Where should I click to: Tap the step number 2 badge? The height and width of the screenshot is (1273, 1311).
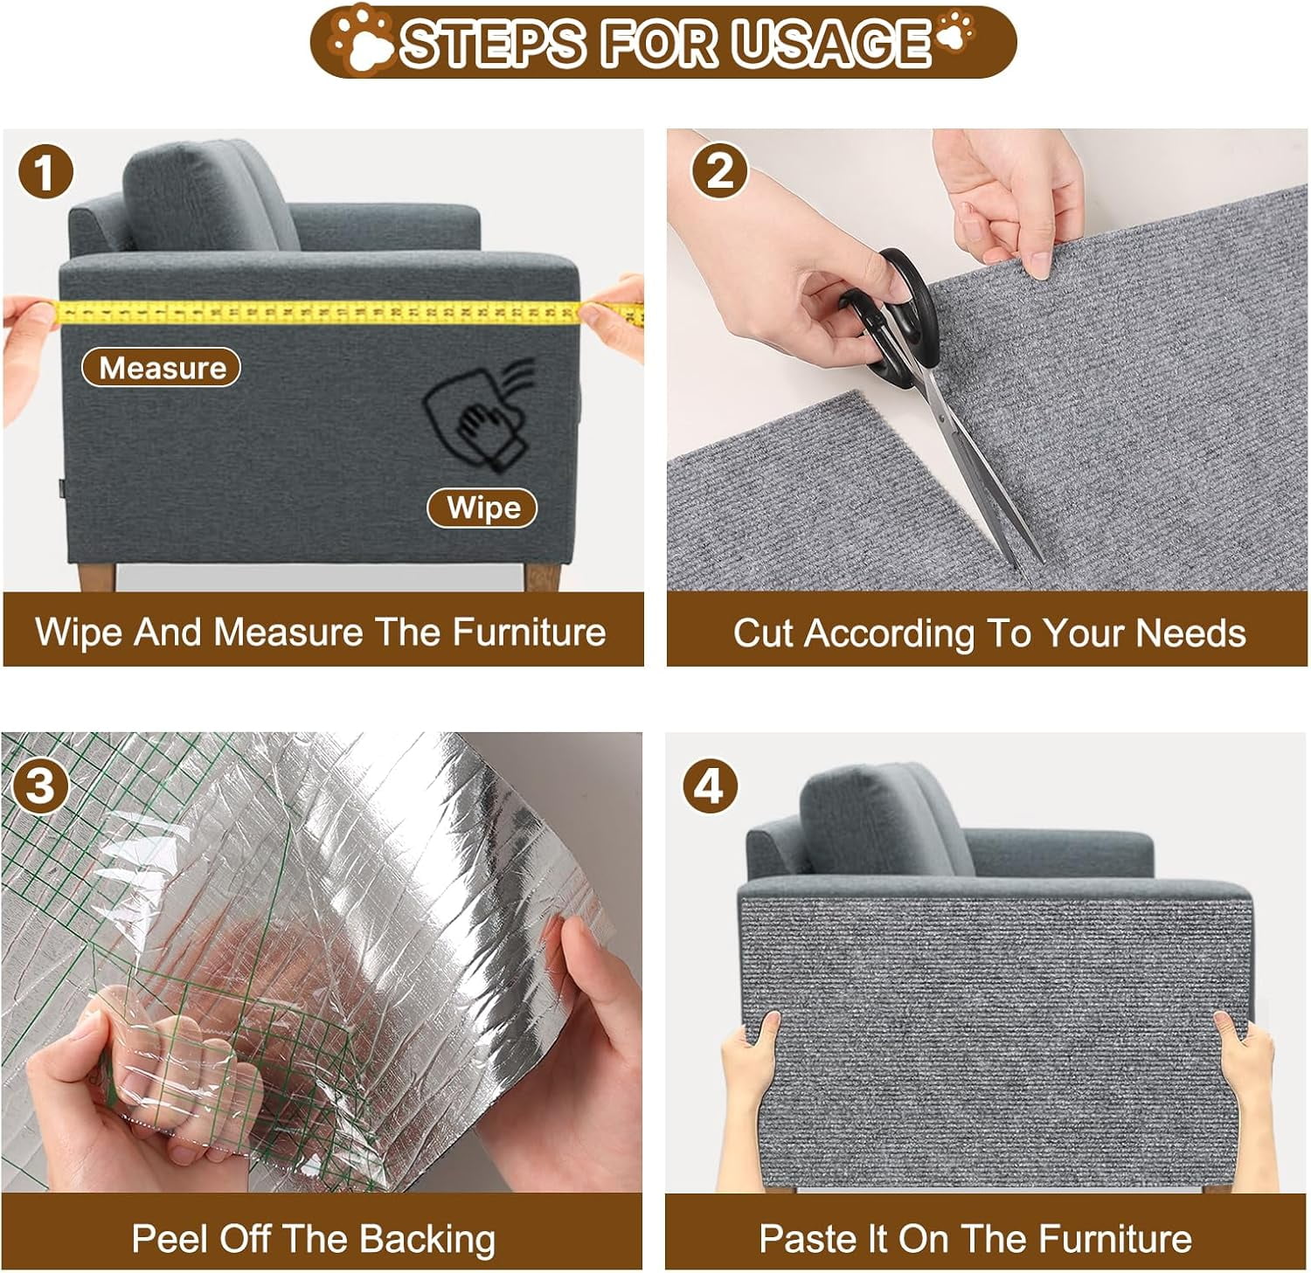tap(718, 170)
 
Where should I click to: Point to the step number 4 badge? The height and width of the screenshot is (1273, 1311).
tap(710, 785)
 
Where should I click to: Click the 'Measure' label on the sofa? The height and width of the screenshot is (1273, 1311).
tap(162, 368)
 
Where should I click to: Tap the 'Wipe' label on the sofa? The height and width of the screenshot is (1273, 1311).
tap(482, 508)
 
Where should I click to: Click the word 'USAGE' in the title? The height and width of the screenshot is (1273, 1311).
tap(830, 42)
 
